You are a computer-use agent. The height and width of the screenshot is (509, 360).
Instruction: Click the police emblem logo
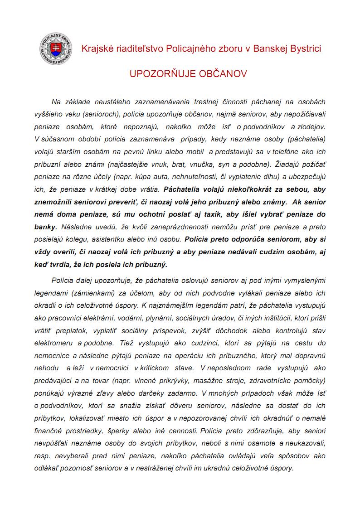(x=55, y=48)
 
